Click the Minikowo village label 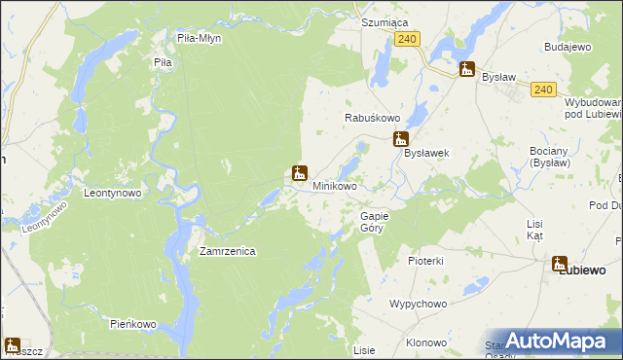click(334, 185)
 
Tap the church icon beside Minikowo click(301, 174)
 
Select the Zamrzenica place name click(227, 251)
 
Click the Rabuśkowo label click(368, 117)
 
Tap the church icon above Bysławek click(400, 139)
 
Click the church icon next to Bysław click(468, 70)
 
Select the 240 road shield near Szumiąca click(408, 38)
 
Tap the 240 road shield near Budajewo click(543, 90)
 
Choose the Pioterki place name click(425, 261)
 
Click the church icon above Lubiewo click(560, 263)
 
